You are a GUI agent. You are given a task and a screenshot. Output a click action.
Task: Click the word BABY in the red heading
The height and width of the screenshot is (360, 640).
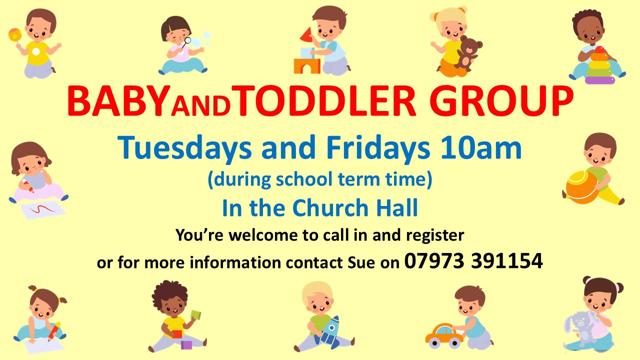click(x=117, y=101)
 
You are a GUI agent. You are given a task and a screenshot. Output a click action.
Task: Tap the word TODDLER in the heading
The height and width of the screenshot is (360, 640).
click(x=326, y=101)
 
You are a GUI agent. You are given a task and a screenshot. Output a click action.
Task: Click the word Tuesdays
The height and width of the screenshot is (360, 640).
click(x=184, y=148)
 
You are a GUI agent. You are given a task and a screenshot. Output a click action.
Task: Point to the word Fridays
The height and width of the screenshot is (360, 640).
click(x=378, y=148)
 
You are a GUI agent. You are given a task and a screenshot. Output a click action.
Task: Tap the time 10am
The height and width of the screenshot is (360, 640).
click(x=481, y=148)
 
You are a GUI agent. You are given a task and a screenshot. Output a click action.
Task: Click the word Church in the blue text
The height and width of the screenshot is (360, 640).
click(x=330, y=208)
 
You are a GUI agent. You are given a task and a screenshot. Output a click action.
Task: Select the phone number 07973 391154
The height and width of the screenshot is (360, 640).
click(x=473, y=261)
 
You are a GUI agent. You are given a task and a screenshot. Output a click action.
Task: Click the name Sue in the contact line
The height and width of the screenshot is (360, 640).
click(x=361, y=262)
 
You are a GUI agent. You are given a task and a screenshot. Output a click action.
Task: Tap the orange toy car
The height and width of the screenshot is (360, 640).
click(x=444, y=336)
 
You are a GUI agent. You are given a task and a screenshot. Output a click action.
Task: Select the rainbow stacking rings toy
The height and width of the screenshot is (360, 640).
click(x=599, y=65)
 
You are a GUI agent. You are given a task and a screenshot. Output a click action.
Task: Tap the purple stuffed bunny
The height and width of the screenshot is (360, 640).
click(x=580, y=328)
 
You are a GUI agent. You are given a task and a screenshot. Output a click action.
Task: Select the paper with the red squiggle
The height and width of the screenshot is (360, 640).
click(x=43, y=209)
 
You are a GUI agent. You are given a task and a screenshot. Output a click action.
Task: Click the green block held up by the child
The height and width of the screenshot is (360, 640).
click(x=196, y=315)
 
